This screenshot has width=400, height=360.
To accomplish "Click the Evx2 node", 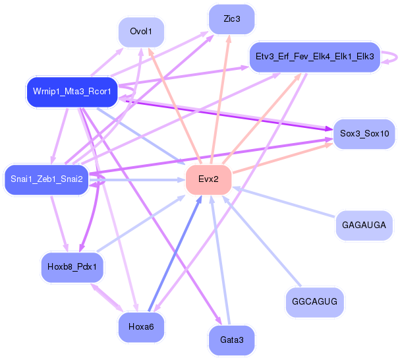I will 208,179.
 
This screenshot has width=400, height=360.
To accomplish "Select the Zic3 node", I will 231,18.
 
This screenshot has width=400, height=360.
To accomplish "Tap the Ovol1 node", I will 142,31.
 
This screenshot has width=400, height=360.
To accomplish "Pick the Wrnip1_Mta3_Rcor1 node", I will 71,91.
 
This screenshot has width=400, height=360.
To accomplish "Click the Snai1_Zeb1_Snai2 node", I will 46,179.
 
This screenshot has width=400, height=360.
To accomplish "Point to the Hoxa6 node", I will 142,326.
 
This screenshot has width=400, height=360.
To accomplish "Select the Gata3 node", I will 231,339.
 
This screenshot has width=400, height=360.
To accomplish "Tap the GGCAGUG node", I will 315,303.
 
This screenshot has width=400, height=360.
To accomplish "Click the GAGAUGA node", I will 364,225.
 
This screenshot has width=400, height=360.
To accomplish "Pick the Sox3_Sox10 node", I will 364,133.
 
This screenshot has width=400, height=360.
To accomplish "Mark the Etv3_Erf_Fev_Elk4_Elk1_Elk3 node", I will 314,57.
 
